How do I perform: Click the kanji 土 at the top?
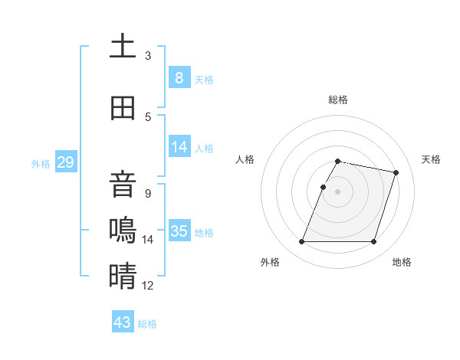pyautogui.click(x=122, y=47)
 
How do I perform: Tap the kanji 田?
pyautogui.click(x=122, y=108)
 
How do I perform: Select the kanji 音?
pyautogui.click(x=122, y=186)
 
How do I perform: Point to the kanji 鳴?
pyautogui.click(x=122, y=231)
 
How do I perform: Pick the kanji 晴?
pyautogui.click(x=122, y=276)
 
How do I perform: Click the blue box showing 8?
pyautogui.click(x=179, y=77)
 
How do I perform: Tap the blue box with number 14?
pyautogui.click(x=179, y=147)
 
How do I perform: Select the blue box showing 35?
pyautogui.click(x=179, y=231)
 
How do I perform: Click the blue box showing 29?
pyautogui.click(x=65, y=162)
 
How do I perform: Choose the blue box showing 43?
pyautogui.click(x=123, y=322)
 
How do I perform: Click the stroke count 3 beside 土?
pyautogui.click(x=148, y=55)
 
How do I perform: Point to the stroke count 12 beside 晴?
pyautogui.click(x=148, y=286)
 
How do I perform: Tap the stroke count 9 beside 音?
pyautogui.click(x=148, y=193)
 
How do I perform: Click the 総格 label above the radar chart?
pyautogui.click(x=337, y=100)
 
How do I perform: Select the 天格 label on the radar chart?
pyautogui.click(x=431, y=159)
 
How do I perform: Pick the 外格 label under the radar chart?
pyautogui.click(x=270, y=262)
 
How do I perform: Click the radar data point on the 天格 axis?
pyautogui.click(x=396, y=172)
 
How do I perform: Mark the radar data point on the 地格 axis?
pyautogui.click(x=373, y=242)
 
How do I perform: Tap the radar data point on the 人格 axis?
pyautogui.click(x=323, y=187)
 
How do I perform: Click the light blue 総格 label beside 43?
pyautogui.click(x=147, y=324)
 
